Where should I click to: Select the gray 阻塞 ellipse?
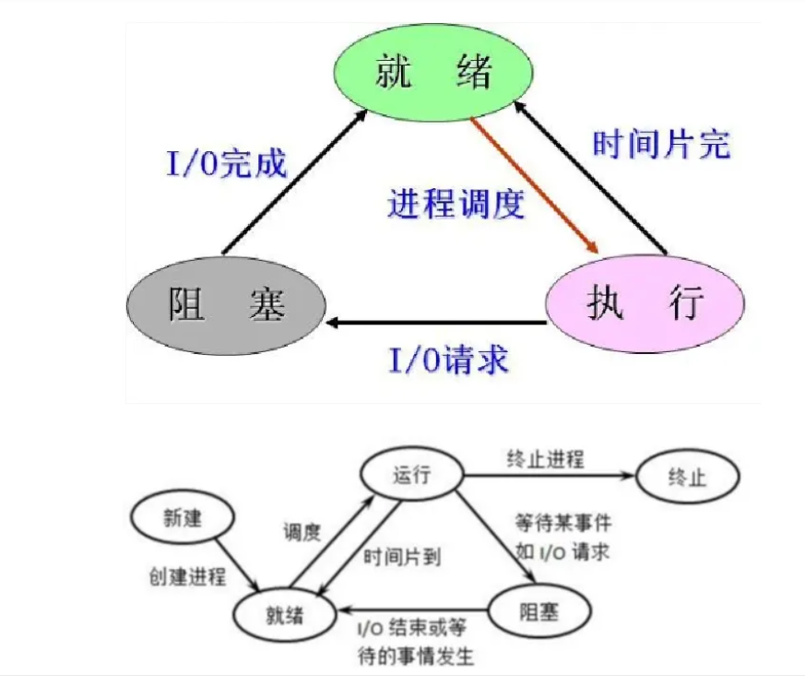[x=225, y=303]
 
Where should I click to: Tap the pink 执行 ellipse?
[x=645, y=303]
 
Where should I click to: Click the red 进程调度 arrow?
[x=535, y=184]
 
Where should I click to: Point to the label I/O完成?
[x=227, y=165]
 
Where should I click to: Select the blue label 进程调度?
[x=456, y=202]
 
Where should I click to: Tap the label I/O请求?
[x=448, y=360]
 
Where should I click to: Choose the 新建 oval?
[x=180, y=519]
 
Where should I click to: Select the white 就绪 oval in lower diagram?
[x=283, y=611]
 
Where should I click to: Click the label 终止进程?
[x=545, y=458]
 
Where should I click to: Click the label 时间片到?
[x=402, y=557]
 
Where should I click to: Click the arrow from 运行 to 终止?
[x=550, y=477]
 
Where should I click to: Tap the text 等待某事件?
[x=563, y=522]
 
